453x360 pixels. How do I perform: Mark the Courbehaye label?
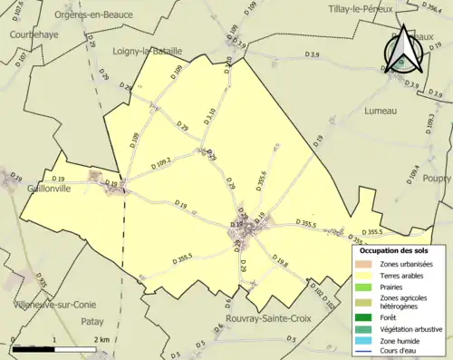pyautogui.click(x=34, y=34)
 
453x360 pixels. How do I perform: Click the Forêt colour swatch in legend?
pyautogui.click(x=363, y=317)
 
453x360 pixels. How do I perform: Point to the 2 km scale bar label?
pyautogui.click(x=101, y=340)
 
